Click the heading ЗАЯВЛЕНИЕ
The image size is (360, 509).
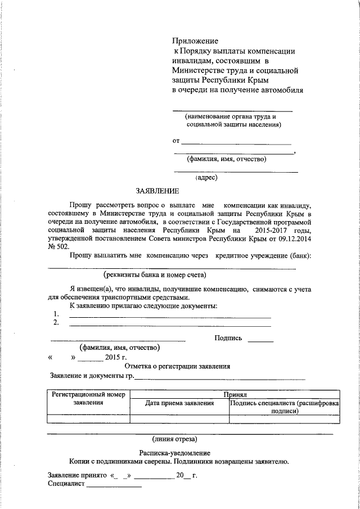(157, 191)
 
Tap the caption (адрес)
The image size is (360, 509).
(206, 178)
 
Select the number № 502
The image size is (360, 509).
(58, 246)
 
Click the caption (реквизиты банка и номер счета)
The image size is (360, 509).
(155, 274)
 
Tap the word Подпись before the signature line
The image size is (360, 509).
(228, 338)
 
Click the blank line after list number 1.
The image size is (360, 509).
(169, 317)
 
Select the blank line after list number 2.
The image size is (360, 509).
(169, 325)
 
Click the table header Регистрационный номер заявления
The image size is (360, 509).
(88, 399)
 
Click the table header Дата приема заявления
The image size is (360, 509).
(179, 403)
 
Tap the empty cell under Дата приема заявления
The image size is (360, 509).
(179, 418)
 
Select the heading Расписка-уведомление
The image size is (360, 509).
(174, 453)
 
